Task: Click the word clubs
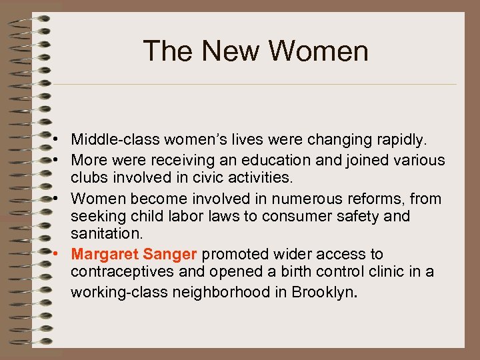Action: click(x=89, y=178)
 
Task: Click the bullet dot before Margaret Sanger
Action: click(x=59, y=254)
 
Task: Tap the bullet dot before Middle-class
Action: click(x=59, y=141)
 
